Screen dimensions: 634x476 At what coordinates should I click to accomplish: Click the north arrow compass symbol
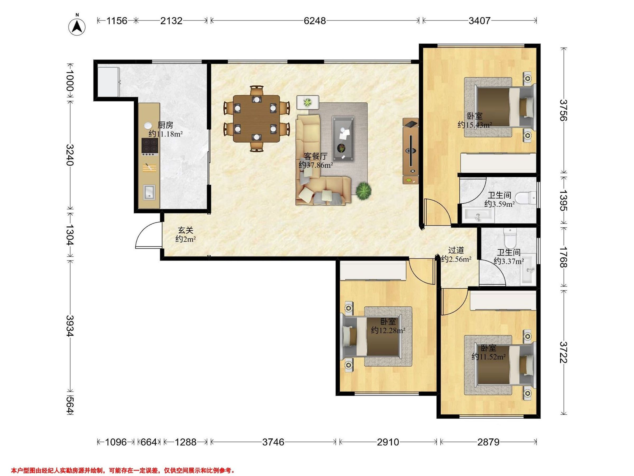[x=77, y=27]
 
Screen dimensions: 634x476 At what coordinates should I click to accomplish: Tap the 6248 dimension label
[x=315, y=21]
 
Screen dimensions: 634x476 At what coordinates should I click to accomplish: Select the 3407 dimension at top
[x=479, y=21]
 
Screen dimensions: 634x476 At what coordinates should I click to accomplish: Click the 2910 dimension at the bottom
[x=388, y=442]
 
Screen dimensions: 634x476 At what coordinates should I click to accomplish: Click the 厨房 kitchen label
[x=165, y=125]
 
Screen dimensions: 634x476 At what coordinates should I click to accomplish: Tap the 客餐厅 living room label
[x=316, y=156]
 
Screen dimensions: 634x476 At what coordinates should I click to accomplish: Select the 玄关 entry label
[x=185, y=230]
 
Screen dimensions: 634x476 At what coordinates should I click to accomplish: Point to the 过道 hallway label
[x=456, y=250]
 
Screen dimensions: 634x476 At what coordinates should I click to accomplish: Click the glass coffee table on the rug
[x=343, y=139]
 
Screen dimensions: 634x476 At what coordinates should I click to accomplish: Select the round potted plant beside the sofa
[x=364, y=190]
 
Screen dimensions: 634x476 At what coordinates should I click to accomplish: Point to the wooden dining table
[x=257, y=119]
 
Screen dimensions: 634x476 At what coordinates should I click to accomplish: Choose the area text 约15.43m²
[x=475, y=125]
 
